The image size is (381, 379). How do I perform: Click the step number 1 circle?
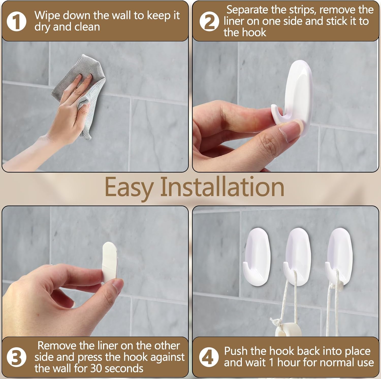[x=17, y=22]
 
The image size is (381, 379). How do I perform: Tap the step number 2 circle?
[x=209, y=22]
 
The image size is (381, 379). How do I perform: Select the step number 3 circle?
[x=17, y=357]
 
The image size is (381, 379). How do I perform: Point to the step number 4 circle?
[x=209, y=357]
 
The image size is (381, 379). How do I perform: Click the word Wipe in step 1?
[x=47, y=16]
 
